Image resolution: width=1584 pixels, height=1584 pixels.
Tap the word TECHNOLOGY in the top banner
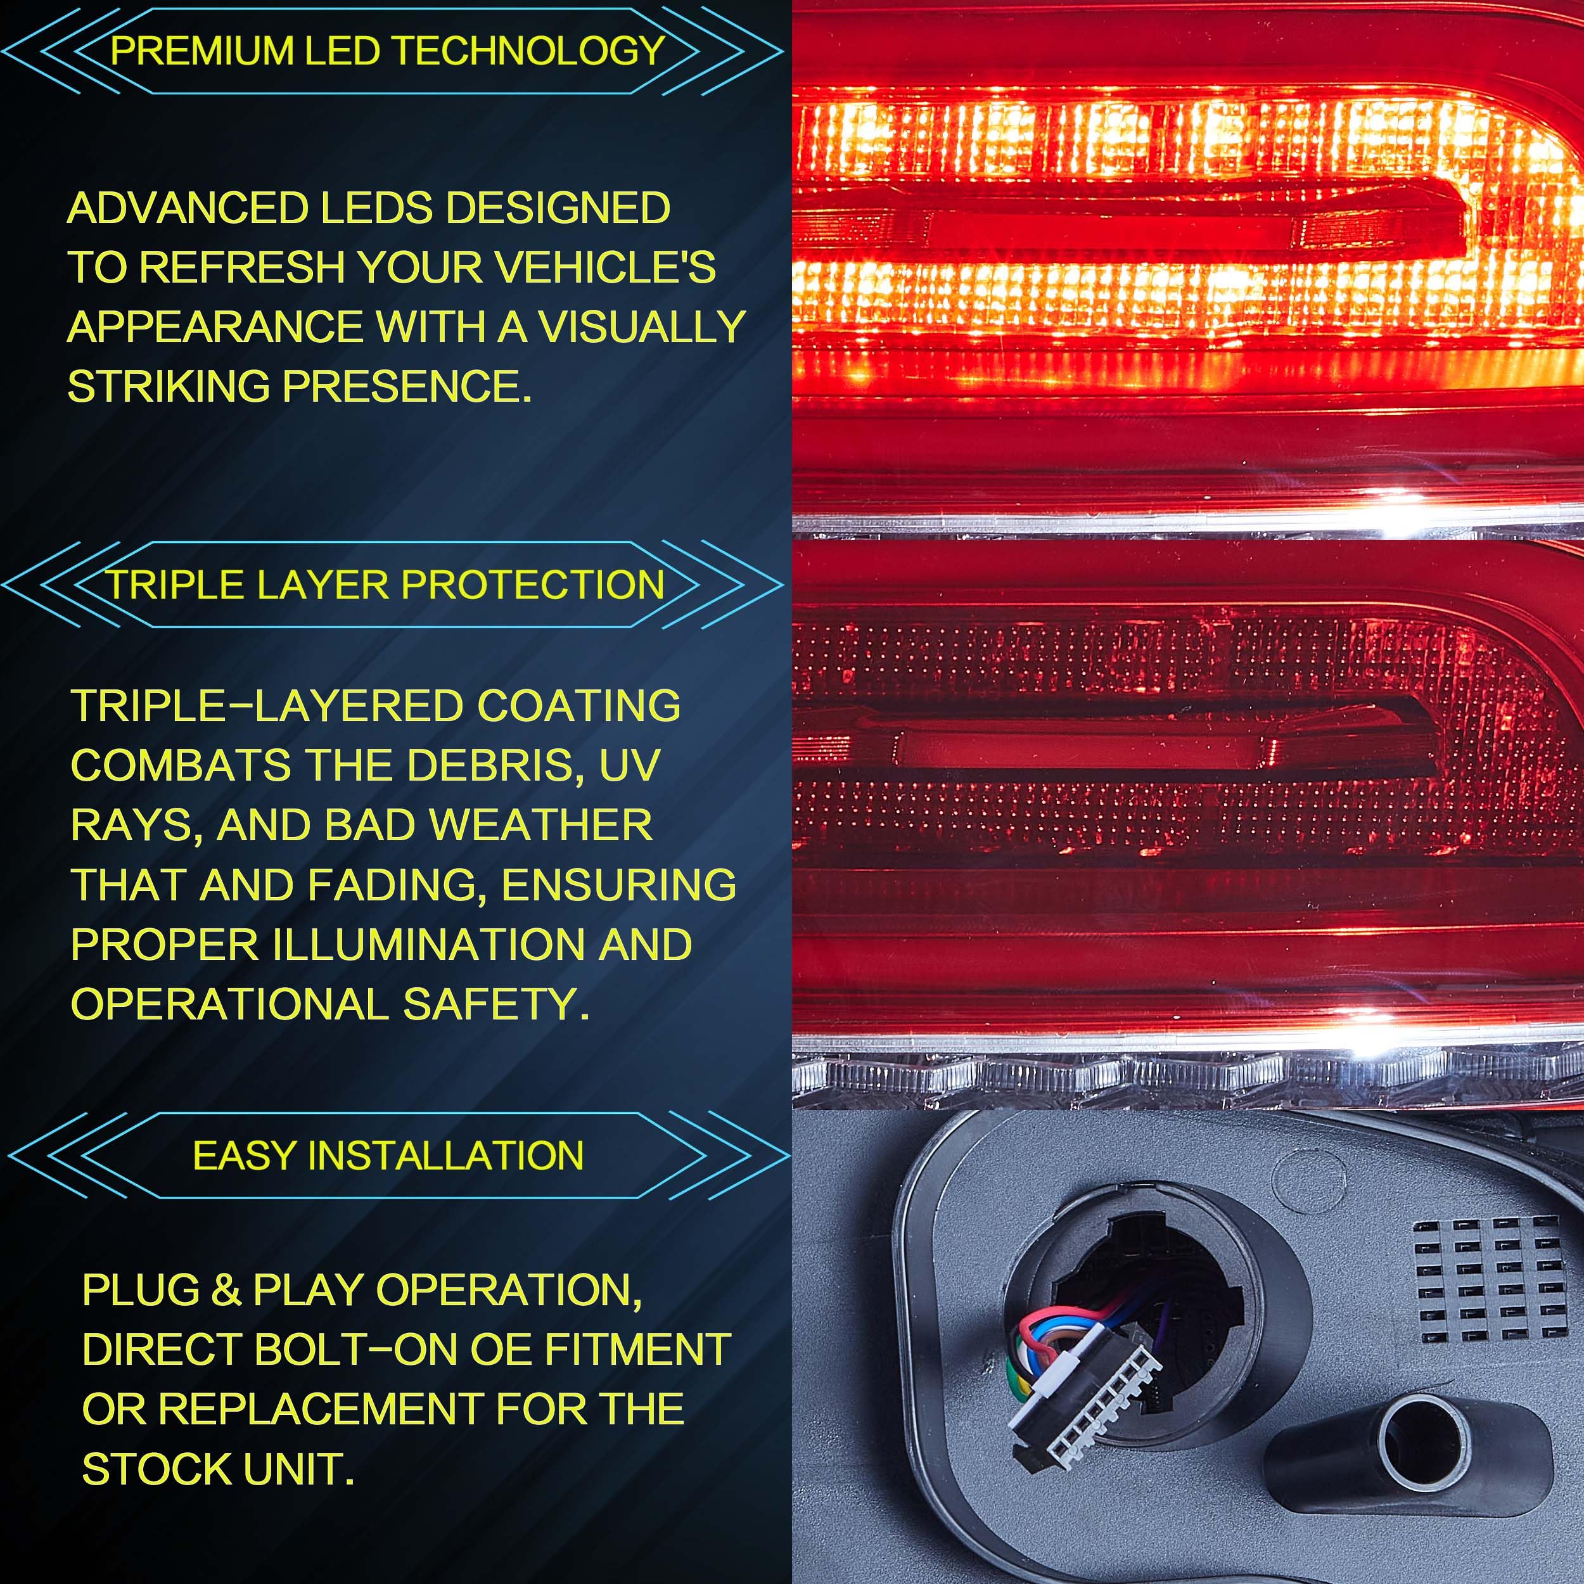pyautogui.click(x=529, y=51)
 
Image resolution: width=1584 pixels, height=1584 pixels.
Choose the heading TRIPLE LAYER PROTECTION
pyautogui.click(x=385, y=585)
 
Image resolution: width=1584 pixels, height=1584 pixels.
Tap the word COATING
pyautogui.click(x=579, y=706)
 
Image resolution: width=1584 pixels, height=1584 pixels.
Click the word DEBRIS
pyautogui.click(x=494, y=765)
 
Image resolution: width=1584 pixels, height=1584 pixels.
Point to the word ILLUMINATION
pyautogui.click(x=428, y=945)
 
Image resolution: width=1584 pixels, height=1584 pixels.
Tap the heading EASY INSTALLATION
pyautogui.click(x=388, y=1156)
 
